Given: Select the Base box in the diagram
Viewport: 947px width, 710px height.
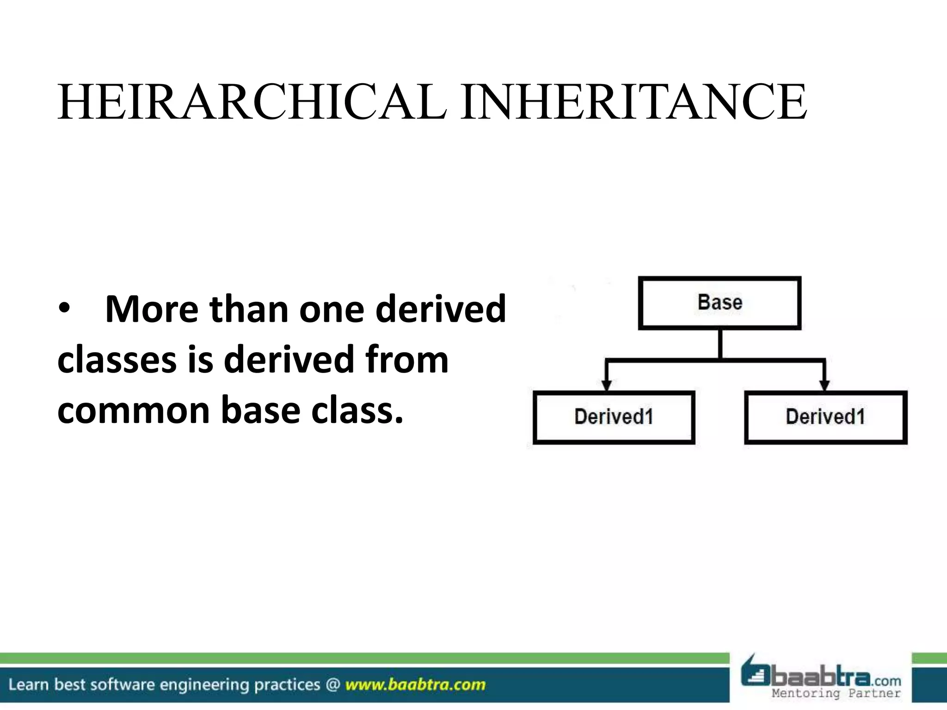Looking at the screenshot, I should coord(719,303).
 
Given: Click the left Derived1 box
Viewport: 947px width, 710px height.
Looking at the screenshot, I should coord(614,417).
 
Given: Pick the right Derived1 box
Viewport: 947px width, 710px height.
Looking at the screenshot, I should coord(825,417).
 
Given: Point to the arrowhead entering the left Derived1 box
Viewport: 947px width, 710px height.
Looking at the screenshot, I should coord(607,385).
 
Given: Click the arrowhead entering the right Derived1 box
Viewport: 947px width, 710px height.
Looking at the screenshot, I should coord(824,385).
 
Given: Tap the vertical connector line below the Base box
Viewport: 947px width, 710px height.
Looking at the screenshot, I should coord(720,343).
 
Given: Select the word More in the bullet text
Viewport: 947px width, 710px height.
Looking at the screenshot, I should coord(152,309).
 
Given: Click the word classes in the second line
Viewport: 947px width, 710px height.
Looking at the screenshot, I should coord(117,360).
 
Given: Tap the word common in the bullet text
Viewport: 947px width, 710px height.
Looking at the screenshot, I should coord(133,410).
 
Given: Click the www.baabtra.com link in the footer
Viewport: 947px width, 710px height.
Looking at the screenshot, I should coord(415,685).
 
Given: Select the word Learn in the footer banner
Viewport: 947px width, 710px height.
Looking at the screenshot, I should coord(28,685).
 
